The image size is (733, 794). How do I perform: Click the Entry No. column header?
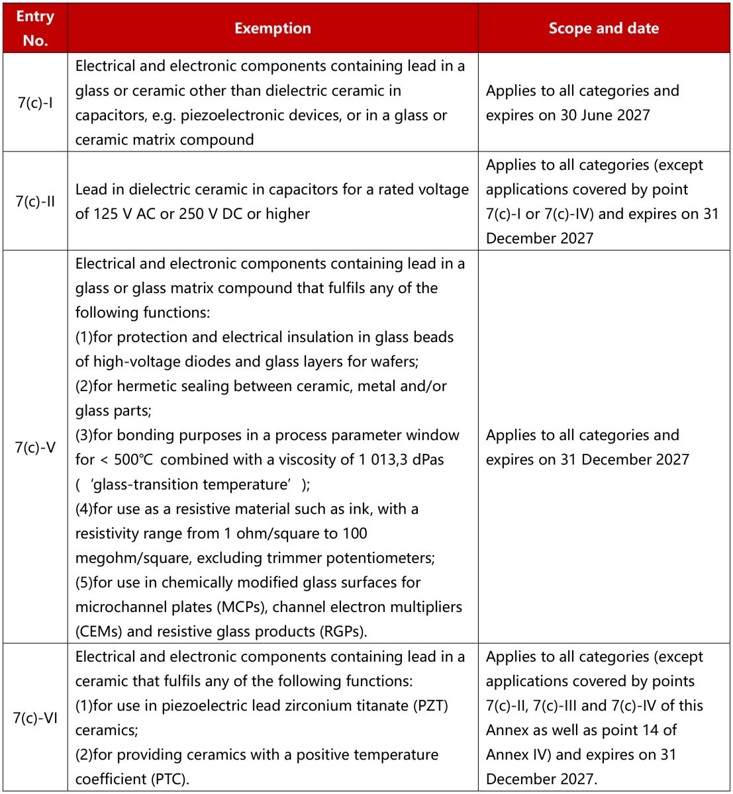pyautogui.click(x=35, y=28)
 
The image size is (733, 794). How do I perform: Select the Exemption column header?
pyautogui.click(x=272, y=28)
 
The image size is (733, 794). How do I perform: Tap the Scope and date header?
pyautogui.click(x=603, y=28)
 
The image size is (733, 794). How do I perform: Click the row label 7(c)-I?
pyautogui.click(x=35, y=103)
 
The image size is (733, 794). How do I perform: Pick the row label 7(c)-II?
pyautogui.click(x=35, y=201)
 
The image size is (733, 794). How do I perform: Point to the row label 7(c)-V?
pyautogui.click(x=35, y=447)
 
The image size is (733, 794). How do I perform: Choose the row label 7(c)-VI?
pyautogui.click(x=35, y=717)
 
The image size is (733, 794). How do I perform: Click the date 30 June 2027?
pyautogui.click(x=605, y=115)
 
